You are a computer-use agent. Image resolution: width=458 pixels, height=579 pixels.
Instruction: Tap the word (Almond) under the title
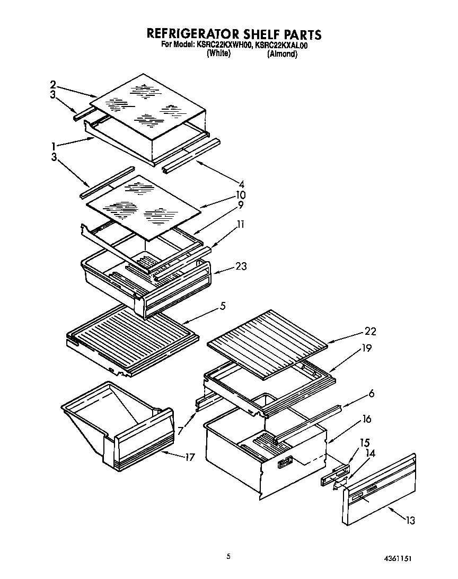coord(282,54)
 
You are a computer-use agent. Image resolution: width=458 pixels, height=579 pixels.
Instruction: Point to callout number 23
coord(241,267)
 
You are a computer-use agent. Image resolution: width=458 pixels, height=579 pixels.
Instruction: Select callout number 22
coord(369,332)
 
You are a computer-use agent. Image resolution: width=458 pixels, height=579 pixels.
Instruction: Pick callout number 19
coord(366,349)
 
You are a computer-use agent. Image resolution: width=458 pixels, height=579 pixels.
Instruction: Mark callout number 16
coord(366,420)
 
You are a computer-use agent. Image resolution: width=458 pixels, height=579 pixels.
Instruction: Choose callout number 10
coord(241,195)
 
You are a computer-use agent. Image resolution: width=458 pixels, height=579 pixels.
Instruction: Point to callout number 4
coord(241,185)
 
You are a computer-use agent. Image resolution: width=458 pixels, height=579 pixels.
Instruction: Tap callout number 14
coord(369,453)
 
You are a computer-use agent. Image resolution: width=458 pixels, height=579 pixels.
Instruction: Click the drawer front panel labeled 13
coord(379,490)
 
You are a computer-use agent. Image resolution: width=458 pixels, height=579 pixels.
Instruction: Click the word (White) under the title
coord(218,54)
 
